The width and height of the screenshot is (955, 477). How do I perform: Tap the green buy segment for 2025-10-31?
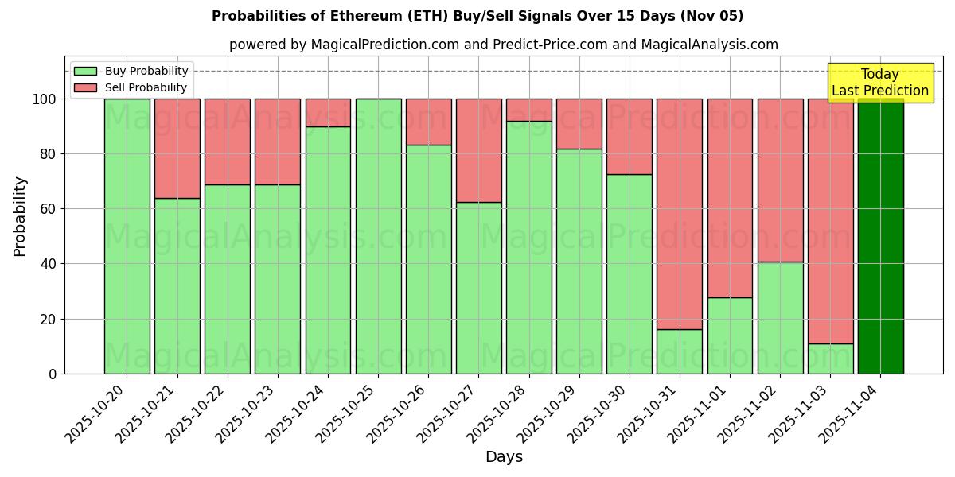pyautogui.click(x=680, y=351)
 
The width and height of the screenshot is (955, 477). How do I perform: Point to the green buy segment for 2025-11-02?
pyautogui.click(x=780, y=317)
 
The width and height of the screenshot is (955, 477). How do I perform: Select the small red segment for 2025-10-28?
pyautogui.click(x=529, y=110)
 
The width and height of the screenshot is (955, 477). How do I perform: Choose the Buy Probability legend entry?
pyautogui.click(x=131, y=71)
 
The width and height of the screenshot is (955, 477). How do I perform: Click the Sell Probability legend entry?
pyautogui.click(x=131, y=87)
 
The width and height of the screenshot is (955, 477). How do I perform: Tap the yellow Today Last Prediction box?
pyautogui.click(x=879, y=83)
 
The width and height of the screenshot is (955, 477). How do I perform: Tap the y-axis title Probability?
pyautogui.click(x=20, y=216)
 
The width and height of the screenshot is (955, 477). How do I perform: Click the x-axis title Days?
pyautogui.click(x=504, y=457)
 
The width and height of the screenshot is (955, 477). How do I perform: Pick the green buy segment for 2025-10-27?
pyautogui.click(x=478, y=287)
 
